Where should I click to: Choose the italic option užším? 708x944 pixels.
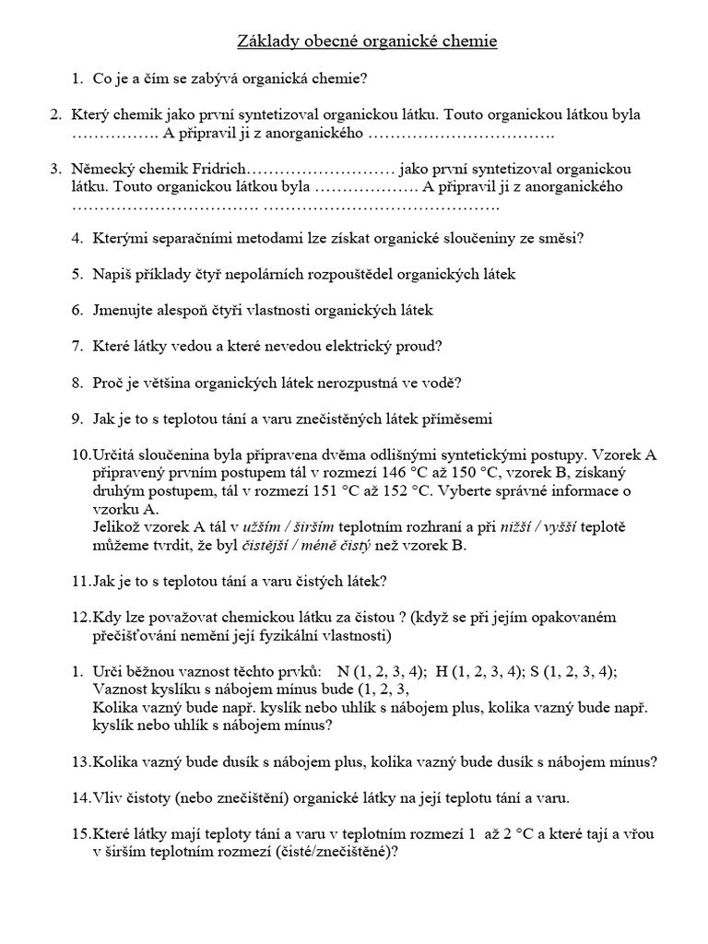pos(261,527)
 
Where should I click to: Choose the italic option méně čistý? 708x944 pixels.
pos(341,545)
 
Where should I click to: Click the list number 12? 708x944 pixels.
pos(81,616)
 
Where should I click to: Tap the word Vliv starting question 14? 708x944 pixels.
pos(111,796)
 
